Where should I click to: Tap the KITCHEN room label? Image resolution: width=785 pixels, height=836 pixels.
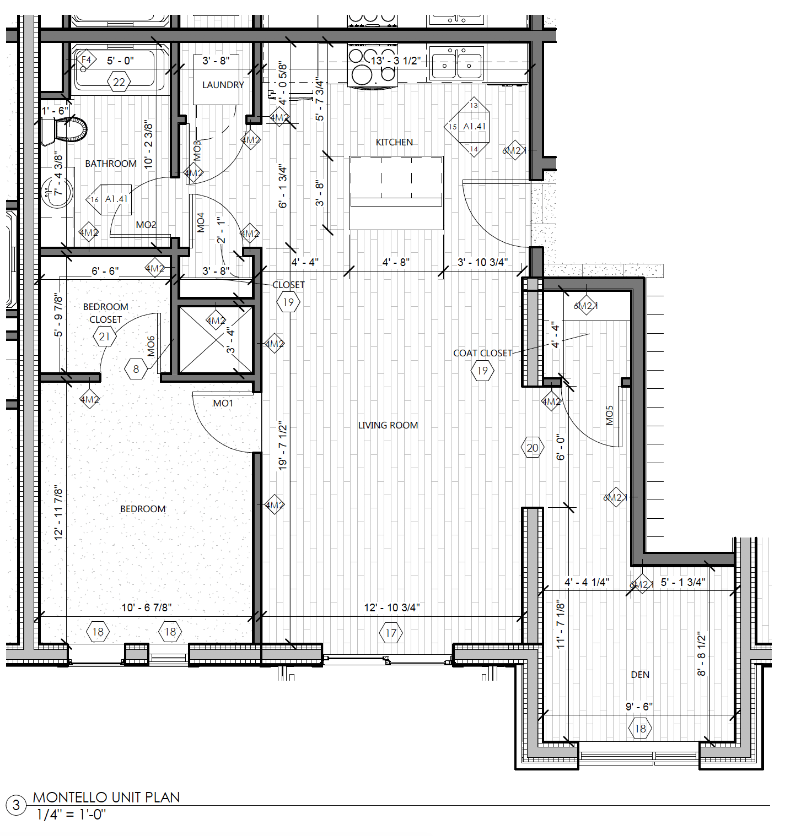pos(394,142)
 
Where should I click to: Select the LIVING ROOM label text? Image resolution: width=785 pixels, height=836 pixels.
pos(388,425)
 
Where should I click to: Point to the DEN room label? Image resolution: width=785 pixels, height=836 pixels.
pos(640,675)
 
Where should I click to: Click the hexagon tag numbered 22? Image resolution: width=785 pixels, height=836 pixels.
pos(119,83)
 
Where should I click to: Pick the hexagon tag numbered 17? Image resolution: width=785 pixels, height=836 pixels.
pos(391,633)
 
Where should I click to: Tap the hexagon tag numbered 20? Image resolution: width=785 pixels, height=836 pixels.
pos(533,448)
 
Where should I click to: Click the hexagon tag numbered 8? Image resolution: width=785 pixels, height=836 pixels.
pos(136,369)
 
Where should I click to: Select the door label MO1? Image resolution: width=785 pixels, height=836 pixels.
pos(223,403)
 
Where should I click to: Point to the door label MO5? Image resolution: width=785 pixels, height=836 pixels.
pos(609,416)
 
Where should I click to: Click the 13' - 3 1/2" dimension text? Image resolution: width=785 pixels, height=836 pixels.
pos(396,61)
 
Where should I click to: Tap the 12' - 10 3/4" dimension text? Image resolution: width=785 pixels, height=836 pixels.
pos(392,607)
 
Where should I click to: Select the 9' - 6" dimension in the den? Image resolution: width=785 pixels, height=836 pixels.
pos(639,707)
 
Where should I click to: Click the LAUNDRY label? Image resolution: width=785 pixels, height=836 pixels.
pos(223,85)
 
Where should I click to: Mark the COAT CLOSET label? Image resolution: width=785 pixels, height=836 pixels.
pos(482,353)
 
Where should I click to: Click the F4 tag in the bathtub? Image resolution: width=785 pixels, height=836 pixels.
pos(86,59)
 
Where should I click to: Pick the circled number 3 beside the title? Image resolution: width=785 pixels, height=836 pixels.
pos(16,805)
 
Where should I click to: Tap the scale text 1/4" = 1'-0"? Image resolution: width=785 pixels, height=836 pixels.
pos(71,815)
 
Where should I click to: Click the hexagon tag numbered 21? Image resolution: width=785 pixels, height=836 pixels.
pos(105,336)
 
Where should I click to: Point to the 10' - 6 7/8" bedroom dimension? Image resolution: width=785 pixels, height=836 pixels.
pos(147,607)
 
